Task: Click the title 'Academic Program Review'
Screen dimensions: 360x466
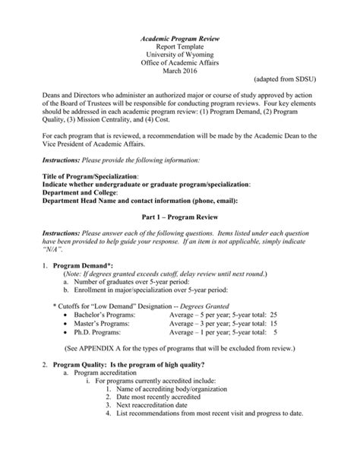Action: pos(180,36)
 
